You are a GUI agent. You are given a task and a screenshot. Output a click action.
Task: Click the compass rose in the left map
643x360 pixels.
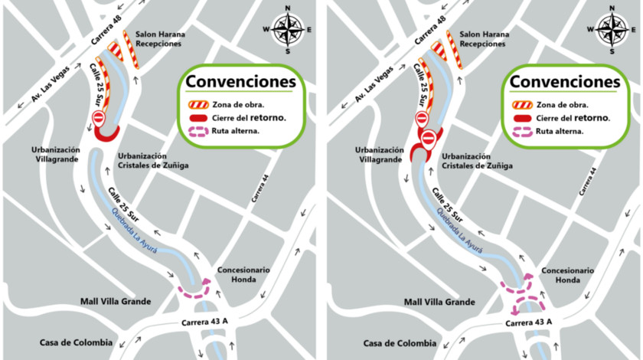(x=288, y=30)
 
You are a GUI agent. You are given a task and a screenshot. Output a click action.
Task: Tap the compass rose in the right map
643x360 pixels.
(x=612, y=30)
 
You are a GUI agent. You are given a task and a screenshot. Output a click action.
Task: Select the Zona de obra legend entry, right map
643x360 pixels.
(x=562, y=104)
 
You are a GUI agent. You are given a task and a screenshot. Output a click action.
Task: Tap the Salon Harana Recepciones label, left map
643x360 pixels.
(x=158, y=39)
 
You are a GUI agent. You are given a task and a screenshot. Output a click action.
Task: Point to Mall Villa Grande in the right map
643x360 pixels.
(x=440, y=302)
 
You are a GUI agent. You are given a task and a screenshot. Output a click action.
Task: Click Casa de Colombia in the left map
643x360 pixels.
(x=76, y=342)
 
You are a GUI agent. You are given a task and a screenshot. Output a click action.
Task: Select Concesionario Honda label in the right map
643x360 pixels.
(x=567, y=275)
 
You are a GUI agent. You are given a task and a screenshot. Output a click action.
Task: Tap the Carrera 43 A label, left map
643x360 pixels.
(x=204, y=321)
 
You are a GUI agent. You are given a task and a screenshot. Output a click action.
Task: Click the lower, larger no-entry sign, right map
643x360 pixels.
(x=429, y=138)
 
